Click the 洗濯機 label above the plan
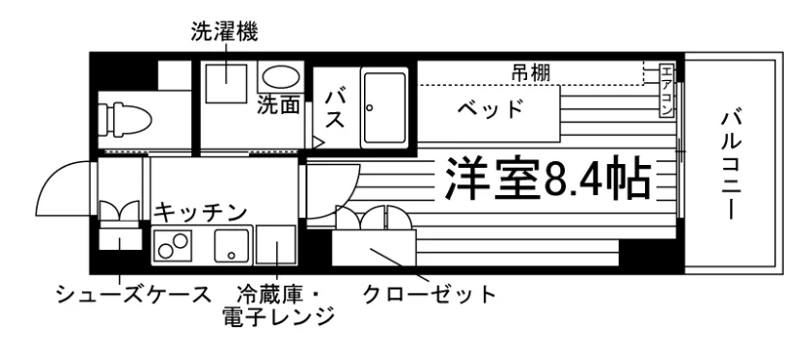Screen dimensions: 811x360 224,32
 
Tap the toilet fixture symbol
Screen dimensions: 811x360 125,119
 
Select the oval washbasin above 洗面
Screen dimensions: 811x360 281,77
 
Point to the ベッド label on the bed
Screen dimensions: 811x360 489,109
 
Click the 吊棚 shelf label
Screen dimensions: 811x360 530,72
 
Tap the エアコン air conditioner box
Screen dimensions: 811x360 667,91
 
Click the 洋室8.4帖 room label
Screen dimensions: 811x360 547,178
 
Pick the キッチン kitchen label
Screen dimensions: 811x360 200,213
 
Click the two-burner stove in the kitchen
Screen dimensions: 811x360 173,245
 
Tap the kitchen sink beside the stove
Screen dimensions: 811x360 232,245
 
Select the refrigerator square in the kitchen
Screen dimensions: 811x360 276,244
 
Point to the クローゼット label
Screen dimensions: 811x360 430,294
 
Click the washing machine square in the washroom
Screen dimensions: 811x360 227,83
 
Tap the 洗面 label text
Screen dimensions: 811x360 279,105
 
